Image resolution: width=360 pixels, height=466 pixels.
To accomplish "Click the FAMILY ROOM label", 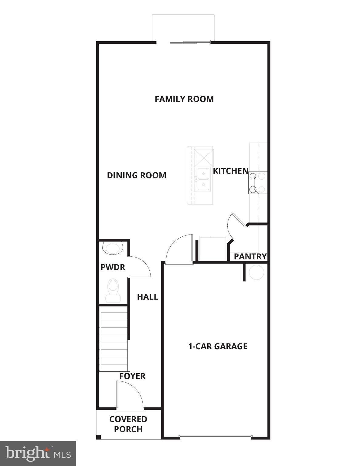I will coord(184,99).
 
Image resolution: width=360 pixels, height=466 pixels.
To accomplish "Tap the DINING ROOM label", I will coord(137,175).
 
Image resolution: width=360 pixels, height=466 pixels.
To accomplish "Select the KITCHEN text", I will coord(230,171).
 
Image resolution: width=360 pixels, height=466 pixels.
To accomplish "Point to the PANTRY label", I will coord(250,257).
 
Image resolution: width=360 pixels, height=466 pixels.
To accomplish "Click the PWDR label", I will coord(113,267).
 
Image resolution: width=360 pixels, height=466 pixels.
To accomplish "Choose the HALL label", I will coord(148,297).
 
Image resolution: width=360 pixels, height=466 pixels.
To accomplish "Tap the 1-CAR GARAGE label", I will coord(218,346).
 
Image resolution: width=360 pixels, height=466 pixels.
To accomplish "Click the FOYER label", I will coord(132,376).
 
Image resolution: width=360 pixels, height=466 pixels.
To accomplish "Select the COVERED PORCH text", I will coord(128,424).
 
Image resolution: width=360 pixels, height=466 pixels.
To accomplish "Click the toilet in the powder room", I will coord(113,290).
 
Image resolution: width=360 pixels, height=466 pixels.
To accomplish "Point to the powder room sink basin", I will coord(113,248).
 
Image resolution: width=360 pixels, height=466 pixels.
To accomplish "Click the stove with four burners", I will coord(258,183).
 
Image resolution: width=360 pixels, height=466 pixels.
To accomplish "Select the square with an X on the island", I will coord(204,157).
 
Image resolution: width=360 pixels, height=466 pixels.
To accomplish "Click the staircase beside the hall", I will coord(114,338).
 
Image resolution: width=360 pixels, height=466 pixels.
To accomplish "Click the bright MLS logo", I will coord(38,453).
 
